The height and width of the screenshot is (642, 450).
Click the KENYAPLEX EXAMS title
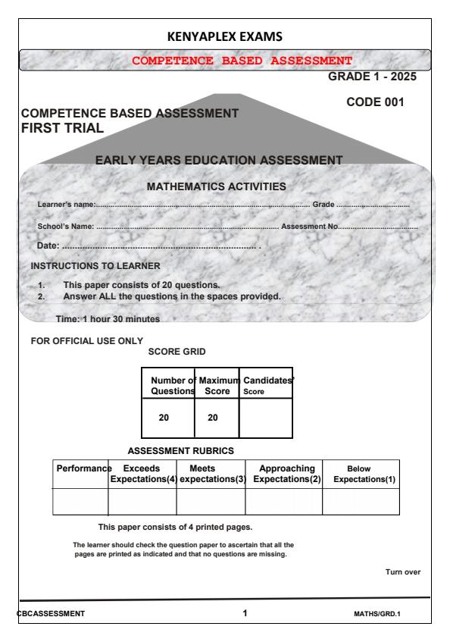[x=225, y=36]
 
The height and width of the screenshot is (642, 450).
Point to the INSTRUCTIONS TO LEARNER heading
[x=95, y=266]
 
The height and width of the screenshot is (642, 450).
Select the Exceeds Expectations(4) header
[x=142, y=474]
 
